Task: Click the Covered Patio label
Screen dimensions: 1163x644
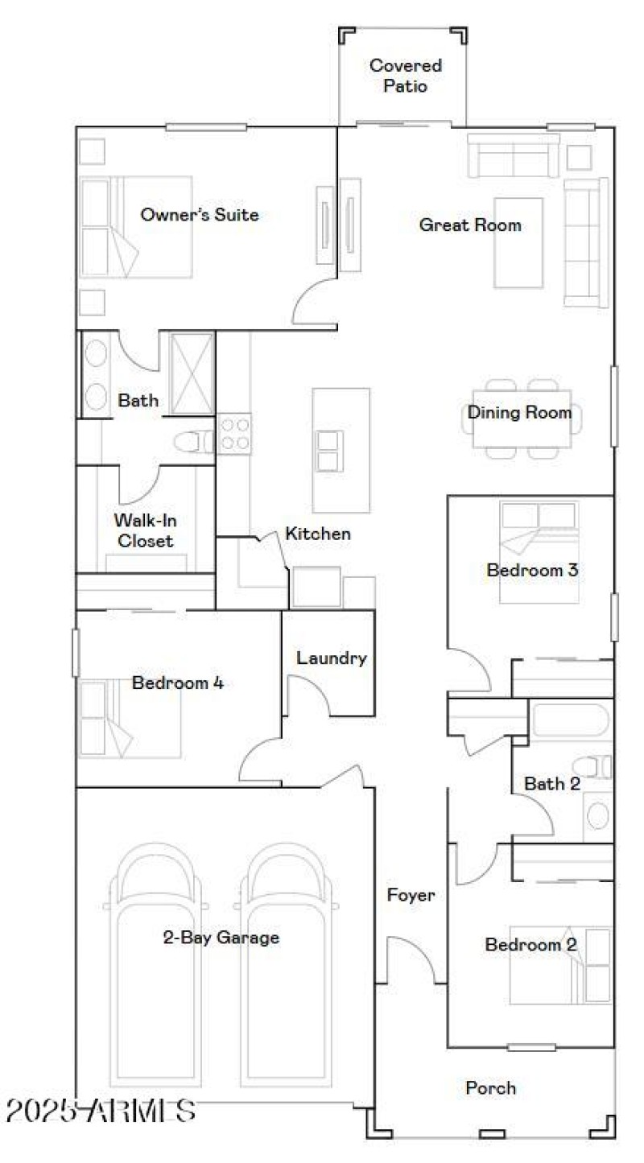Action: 406,76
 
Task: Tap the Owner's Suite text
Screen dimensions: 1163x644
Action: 200,215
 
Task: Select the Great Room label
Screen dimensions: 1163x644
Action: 469,225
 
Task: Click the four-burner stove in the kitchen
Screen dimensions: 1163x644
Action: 234,434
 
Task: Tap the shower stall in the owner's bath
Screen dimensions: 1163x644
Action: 192,373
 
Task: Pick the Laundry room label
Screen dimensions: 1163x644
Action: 331,658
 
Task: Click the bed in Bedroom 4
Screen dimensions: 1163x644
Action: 129,719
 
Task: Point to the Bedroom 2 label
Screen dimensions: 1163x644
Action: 530,945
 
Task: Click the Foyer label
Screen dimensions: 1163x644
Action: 411,895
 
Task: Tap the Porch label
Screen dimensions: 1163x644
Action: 490,1088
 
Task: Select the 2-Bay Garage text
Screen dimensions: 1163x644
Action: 221,938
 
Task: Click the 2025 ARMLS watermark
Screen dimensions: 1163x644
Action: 100,1111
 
